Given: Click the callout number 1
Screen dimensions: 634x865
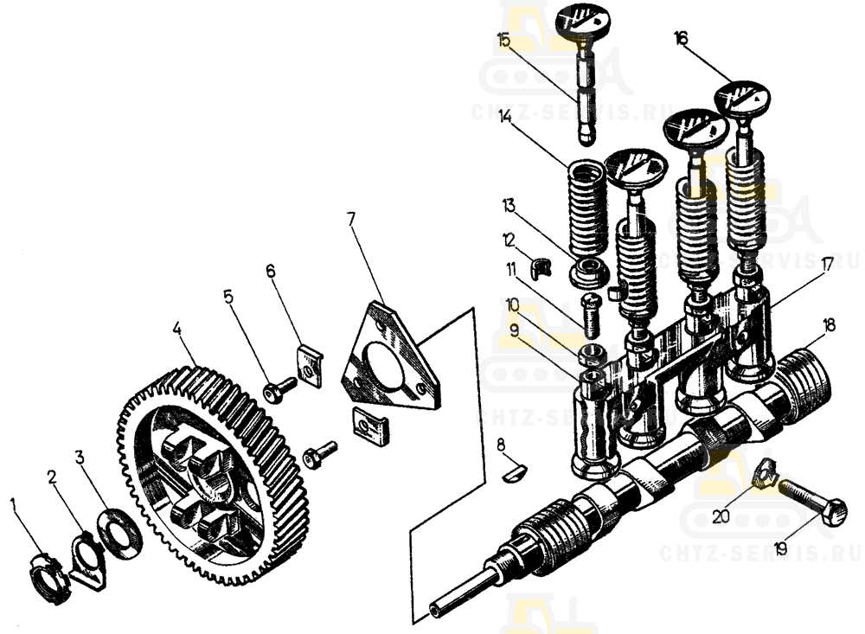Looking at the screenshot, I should coord(13,503).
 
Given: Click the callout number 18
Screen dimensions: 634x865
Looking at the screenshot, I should coord(829,325).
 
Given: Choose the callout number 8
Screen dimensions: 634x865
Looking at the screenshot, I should coord(500,445).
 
